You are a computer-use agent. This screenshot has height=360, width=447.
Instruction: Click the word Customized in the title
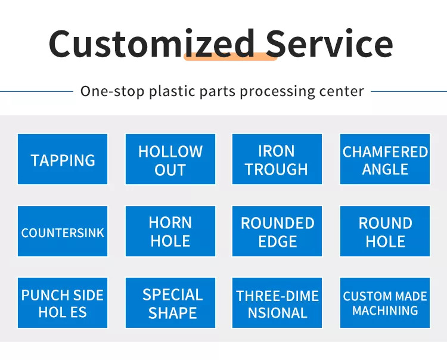(x=151, y=44)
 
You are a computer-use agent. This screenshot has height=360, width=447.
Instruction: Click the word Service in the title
(x=329, y=44)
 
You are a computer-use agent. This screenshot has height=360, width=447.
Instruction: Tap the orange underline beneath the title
(x=231, y=57)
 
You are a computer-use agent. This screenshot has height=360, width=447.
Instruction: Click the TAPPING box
(x=63, y=159)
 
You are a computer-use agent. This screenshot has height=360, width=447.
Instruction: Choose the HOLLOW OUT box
(x=170, y=159)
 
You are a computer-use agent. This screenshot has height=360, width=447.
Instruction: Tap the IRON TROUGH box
(x=277, y=159)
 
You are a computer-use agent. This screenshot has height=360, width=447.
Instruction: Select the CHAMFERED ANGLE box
(x=385, y=159)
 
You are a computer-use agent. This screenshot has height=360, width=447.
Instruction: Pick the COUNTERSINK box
(x=63, y=231)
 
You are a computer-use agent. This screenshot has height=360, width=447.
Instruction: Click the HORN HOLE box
(x=170, y=231)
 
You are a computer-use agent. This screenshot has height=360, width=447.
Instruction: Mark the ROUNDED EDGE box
(x=277, y=231)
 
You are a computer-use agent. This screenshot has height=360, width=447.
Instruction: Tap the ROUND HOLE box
(x=385, y=231)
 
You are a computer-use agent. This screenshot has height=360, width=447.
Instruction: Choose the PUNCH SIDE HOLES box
(x=63, y=303)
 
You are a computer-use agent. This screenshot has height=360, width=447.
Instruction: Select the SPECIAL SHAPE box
(x=170, y=303)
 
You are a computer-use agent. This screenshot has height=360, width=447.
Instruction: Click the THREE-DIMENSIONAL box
(x=277, y=303)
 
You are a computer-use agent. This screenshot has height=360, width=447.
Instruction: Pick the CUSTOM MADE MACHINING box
(x=385, y=303)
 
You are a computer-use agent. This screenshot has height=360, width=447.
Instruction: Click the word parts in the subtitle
(x=217, y=92)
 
